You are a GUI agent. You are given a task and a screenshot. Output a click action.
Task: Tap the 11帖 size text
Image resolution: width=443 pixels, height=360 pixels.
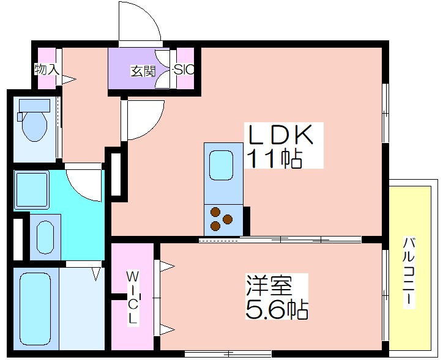274,159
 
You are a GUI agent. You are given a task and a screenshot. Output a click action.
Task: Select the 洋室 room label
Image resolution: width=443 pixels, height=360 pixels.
269,287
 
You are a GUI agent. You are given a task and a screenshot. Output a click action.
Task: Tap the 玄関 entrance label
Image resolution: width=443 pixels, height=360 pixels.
142,71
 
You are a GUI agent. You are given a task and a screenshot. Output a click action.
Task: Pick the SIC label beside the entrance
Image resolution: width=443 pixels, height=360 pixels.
184,70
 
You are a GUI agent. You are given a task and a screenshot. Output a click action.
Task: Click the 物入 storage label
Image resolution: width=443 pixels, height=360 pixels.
47,69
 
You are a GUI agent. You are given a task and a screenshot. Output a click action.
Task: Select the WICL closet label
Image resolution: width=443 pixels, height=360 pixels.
133,298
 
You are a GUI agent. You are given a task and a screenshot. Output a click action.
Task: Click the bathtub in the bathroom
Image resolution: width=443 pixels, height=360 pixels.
35,310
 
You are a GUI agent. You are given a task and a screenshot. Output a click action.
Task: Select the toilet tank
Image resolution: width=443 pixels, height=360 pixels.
34,106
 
